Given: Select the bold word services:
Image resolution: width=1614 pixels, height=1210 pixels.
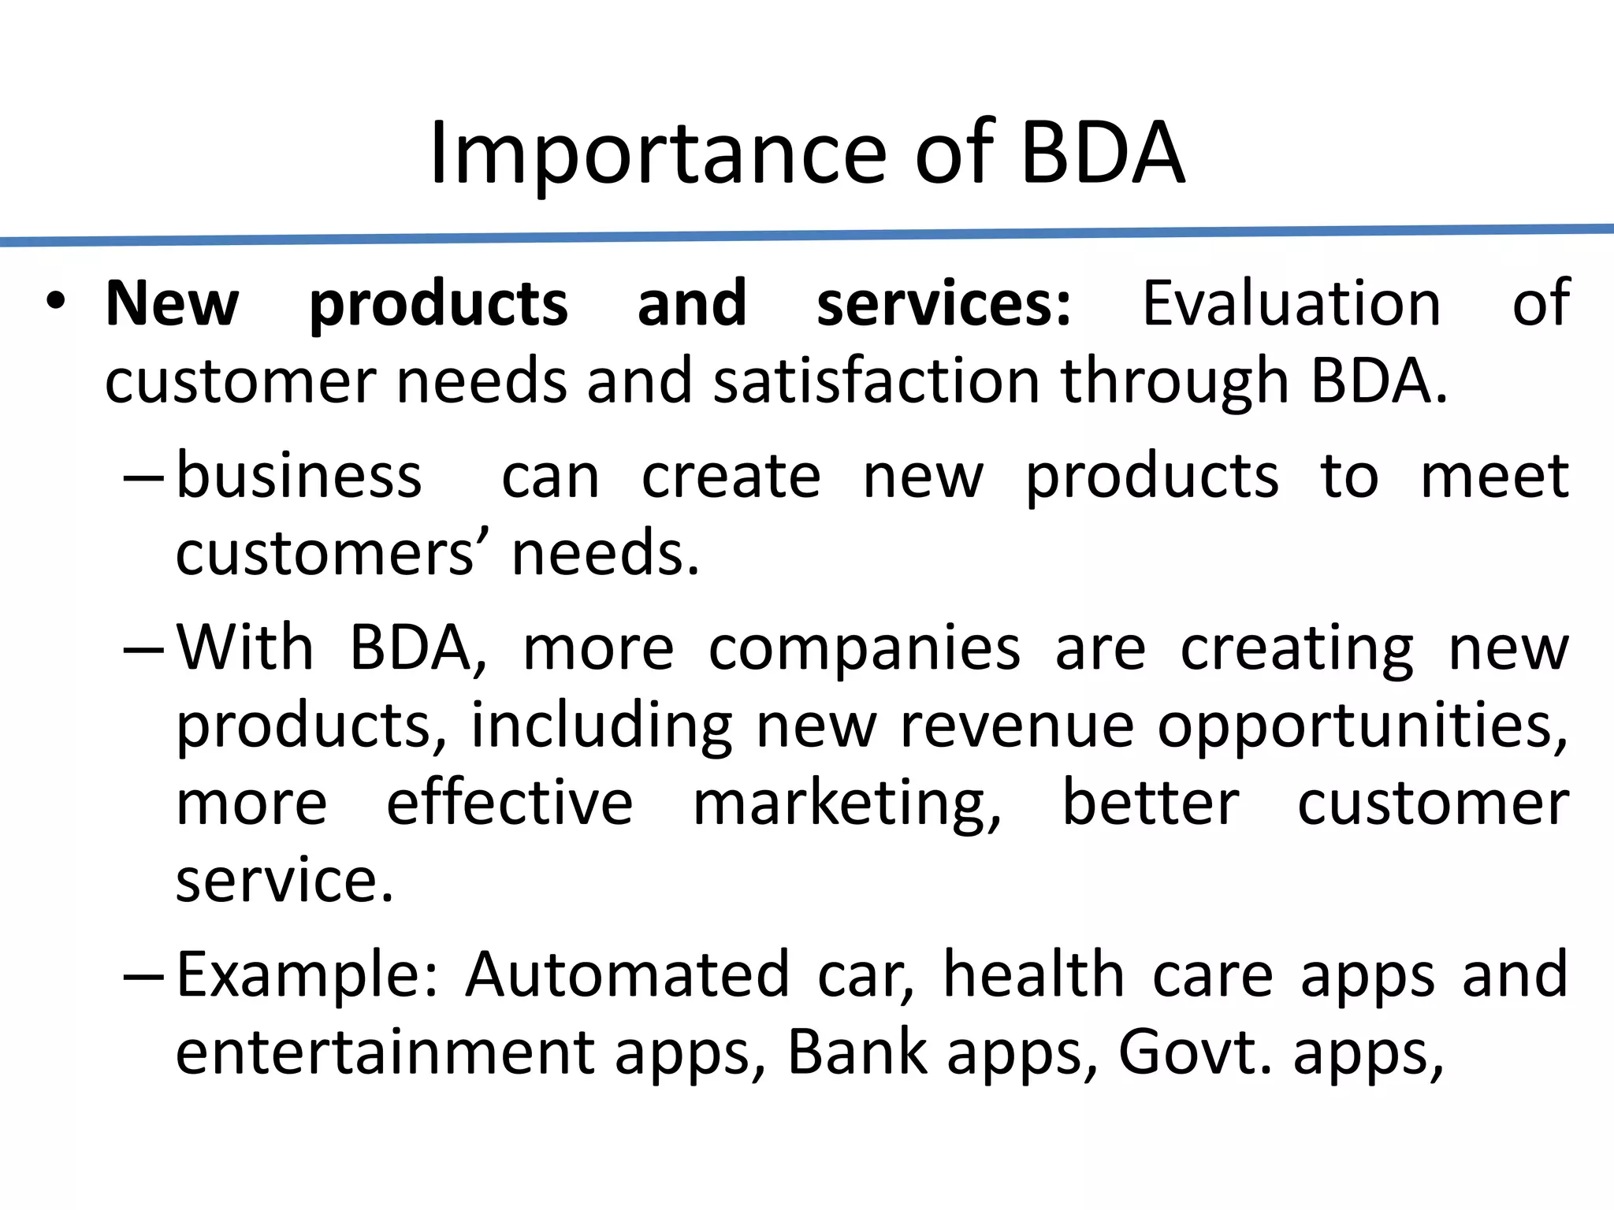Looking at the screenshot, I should [x=944, y=303].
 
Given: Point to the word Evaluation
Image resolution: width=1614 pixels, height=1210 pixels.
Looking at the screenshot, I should [x=1292, y=303].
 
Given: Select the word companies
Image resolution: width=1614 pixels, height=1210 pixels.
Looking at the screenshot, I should [x=864, y=648].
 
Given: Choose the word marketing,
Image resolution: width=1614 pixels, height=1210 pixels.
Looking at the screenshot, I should [x=847, y=804].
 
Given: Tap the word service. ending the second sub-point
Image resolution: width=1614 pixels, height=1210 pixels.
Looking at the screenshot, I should [x=284, y=880].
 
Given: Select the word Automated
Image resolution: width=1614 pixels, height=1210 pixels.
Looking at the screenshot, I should [x=627, y=974].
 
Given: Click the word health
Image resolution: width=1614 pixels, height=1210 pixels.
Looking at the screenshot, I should [x=1033, y=974].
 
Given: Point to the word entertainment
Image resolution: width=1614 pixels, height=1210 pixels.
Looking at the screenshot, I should [x=385, y=1052].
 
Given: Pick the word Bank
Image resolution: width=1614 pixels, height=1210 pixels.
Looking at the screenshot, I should [x=857, y=1052].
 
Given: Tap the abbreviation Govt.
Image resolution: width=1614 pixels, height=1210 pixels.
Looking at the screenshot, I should [x=1195, y=1052].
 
